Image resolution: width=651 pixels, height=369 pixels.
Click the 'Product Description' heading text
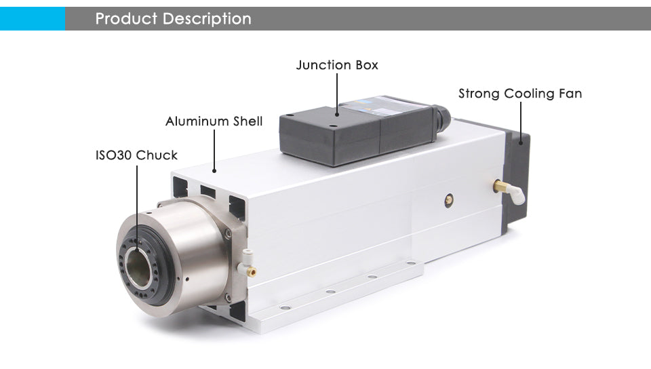[x=173, y=19]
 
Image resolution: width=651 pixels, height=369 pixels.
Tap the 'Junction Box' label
[x=337, y=65]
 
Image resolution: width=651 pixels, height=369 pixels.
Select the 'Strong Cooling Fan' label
[x=520, y=94]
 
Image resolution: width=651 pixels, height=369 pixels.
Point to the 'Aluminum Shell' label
[x=214, y=121]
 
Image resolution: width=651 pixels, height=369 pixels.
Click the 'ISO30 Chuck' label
[x=136, y=155]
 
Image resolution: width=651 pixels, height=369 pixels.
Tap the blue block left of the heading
[x=32, y=19]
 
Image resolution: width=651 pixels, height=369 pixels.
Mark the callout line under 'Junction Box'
[x=337, y=92]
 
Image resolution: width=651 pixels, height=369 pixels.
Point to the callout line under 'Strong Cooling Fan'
[x=521, y=121]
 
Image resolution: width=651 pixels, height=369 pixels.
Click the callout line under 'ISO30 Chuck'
[x=137, y=203]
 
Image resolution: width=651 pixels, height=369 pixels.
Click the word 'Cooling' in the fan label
[x=530, y=94]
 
